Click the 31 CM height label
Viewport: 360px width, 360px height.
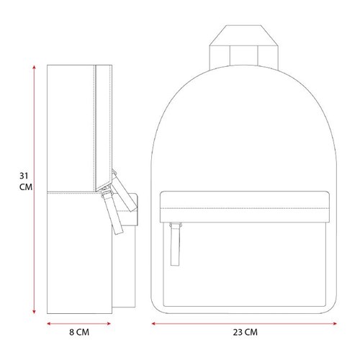[26, 181]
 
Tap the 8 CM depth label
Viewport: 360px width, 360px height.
[79, 332]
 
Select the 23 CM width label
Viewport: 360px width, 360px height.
[246, 332]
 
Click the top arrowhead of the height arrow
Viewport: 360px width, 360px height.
[34, 67]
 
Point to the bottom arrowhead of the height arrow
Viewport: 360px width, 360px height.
[34, 312]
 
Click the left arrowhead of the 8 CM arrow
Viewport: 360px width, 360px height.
[49, 323]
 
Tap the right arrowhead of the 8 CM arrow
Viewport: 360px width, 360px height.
[109, 323]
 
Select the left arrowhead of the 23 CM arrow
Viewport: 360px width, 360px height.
[153, 323]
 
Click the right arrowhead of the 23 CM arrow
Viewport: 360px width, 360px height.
[335, 323]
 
